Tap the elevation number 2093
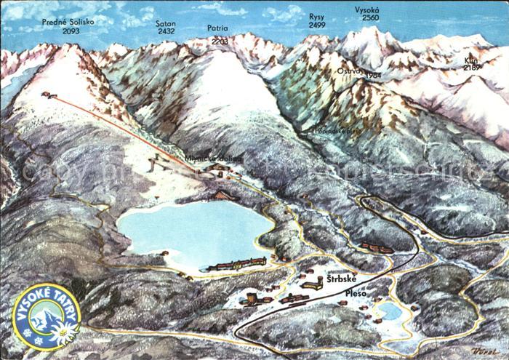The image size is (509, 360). pos(71,31)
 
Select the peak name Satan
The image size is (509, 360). pos(166,22)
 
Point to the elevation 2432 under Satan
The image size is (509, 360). pos(166,31)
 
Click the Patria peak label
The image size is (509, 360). pos(217,28)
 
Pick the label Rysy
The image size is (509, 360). pos(317,16)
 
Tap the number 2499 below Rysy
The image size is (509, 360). pos(317,25)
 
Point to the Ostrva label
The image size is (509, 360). pos(348,71)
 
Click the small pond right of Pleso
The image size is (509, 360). pos(389,311)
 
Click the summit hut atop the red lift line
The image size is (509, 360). pos(48,95)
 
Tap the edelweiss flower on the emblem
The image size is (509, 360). pos(63,333)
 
